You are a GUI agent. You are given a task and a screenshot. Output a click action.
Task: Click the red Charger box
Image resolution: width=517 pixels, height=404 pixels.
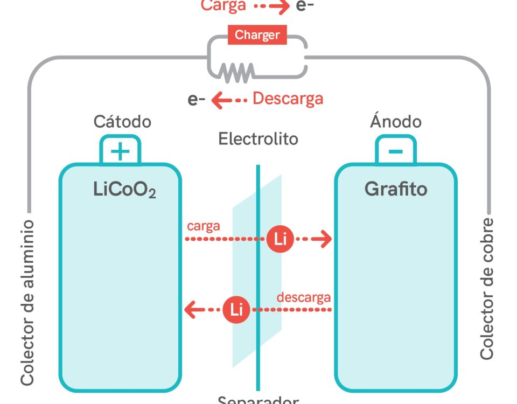point(257,36)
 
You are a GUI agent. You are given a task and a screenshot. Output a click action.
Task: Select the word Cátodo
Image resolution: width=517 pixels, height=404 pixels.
point(122,121)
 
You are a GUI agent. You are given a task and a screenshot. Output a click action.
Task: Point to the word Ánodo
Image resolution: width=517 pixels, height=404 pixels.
point(395,121)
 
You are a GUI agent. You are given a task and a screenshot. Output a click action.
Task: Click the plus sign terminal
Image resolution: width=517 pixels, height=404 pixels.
point(120,152)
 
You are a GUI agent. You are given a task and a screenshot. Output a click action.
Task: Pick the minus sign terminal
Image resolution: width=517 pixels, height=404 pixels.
point(395,152)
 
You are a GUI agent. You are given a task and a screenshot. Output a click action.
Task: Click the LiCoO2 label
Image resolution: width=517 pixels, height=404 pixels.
point(124,190)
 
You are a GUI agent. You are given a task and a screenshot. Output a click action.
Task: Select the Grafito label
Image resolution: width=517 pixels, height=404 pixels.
point(396,189)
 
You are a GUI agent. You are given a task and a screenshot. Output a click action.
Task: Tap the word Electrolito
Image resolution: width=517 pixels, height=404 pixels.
point(258,139)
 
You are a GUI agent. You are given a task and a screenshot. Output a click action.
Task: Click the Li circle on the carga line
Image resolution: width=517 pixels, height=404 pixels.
point(280,239)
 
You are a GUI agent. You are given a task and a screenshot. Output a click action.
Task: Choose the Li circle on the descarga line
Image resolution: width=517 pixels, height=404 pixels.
point(236,310)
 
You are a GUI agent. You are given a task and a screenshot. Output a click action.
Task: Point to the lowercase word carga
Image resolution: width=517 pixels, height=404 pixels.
point(204,226)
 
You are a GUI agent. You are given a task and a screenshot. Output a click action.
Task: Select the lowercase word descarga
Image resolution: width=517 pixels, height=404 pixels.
point(303,297)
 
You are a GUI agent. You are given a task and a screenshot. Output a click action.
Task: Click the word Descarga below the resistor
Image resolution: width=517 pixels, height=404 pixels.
point(288,99)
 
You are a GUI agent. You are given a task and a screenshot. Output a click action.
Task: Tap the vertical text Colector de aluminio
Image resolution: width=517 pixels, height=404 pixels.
point(27,302)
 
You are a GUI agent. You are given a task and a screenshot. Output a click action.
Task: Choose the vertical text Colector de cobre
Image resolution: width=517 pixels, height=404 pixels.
point(487,288)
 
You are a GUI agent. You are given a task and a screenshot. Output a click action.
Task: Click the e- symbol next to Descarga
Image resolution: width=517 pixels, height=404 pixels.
point(196,100)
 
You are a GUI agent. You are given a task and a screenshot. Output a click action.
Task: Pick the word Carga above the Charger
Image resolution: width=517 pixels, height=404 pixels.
point(223,6)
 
